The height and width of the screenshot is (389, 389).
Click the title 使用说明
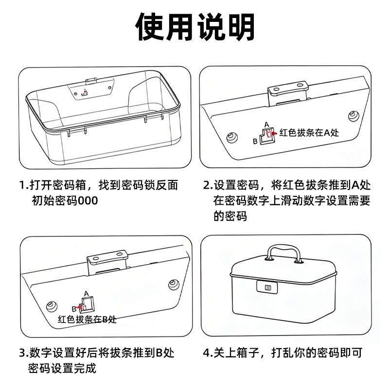click(x=195, y=27)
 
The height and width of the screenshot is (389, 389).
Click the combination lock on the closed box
click(x=267, y=287)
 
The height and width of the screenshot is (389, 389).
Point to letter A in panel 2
click(x=266, y=124)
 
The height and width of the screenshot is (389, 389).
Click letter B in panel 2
click(x=255, y=141)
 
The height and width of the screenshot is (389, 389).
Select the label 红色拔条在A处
click(x=309, y=133)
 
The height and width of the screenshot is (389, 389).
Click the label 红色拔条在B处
click(x=87, y=319)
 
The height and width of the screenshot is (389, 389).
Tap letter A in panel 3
click(x=86, y=294)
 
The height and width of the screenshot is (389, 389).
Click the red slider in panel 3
click(x=82, y=307)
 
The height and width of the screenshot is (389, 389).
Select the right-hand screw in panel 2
click(x=354, y=116)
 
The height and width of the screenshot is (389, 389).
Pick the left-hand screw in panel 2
click(x=232, y=137)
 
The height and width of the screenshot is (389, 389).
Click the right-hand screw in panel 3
click(x=174, y=284)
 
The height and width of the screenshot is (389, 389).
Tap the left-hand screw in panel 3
click(x=52, y=306)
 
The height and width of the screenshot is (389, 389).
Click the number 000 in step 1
click(x=88, y=201)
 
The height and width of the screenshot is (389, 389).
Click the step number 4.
click(x=207, y=353)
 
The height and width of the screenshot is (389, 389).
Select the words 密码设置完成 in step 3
click(x=62, y=368)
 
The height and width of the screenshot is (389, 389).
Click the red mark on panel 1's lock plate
click(x=84, y=93)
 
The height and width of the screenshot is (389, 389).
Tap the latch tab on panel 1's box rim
click(x=91, y=81)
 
